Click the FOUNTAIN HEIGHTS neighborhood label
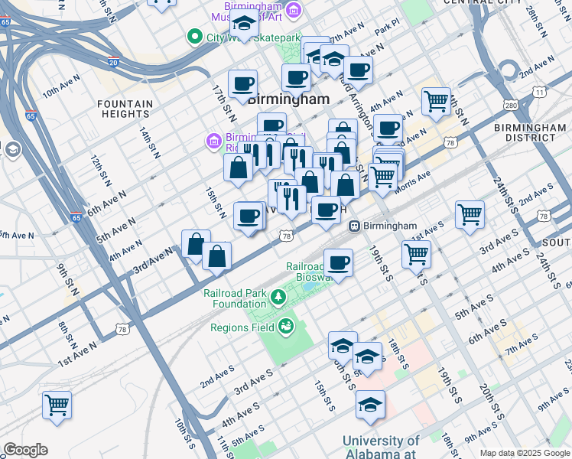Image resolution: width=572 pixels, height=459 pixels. pos(125,109)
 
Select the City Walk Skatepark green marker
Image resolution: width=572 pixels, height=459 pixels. pos(194,37)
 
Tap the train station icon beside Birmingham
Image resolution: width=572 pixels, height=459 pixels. pos(355,226)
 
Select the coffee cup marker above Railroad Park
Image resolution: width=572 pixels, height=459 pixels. pos(338,263)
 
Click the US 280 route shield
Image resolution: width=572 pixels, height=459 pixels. pos(509,105)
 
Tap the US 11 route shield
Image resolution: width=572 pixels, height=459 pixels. pos(540,92)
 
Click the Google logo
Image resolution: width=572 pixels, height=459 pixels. pos(25,450)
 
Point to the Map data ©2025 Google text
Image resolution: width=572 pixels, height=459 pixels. pos(524,453)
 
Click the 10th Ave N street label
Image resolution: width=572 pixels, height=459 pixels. pos(61,92)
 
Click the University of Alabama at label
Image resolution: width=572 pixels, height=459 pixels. pos(381,448)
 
